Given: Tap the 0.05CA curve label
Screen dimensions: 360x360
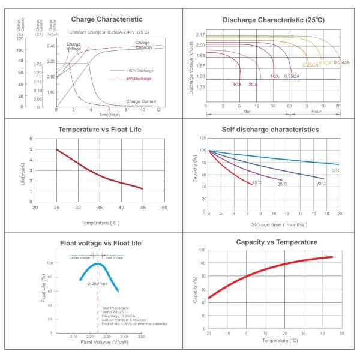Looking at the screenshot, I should click(342, 62).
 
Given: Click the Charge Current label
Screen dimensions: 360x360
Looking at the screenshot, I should click(142, 101).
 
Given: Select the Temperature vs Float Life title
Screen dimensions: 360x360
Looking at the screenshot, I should click(99, 130).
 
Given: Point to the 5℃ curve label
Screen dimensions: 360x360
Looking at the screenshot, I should click(336, 171).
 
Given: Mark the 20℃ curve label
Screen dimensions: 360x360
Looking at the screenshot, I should click(320, 183).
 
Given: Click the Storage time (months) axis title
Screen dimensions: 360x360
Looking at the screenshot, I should click(273, 224).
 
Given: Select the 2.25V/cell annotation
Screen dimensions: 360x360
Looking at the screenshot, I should click(97, 283).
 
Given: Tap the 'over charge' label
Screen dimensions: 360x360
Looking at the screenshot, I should click(113, 257).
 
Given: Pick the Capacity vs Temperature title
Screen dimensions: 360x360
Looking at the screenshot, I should click(272, 242).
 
